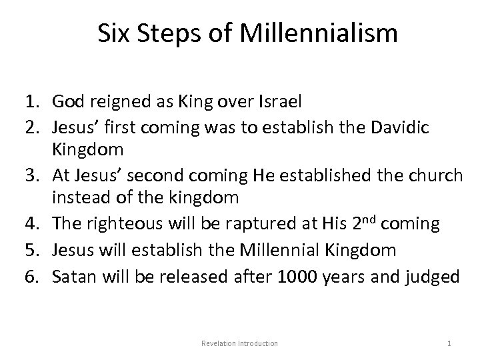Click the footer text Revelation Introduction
click(239, 343)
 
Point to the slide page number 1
click(449, 343)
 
